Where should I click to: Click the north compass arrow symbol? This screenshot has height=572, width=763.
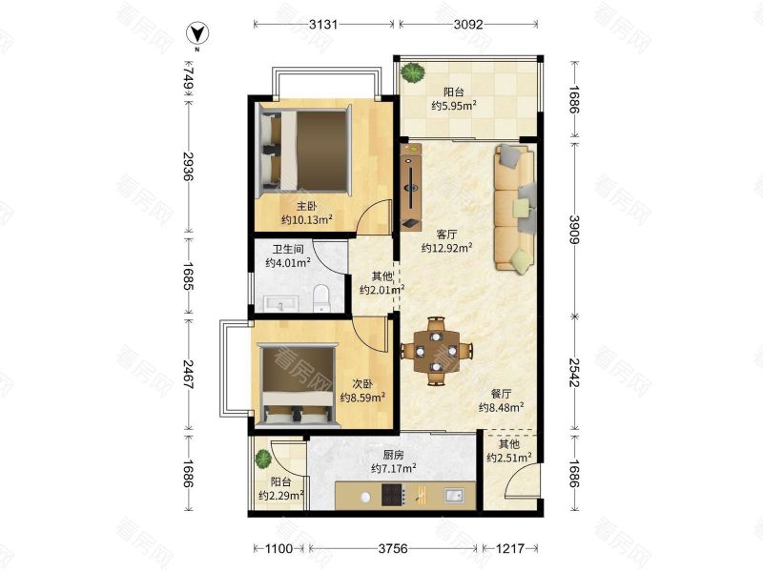tap(198, 33)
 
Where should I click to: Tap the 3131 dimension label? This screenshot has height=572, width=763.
tap(323, 24)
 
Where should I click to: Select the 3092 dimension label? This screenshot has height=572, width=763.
tap(468, 24)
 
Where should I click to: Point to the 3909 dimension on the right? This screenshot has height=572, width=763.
tap(574, 229)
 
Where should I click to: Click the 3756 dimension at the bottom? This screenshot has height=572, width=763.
tap(393, 549)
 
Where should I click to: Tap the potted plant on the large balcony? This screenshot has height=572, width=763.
tap(412, 72)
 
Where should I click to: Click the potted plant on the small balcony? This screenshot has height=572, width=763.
tap(263, 459)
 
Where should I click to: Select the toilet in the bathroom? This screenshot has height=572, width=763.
tap(321, 298)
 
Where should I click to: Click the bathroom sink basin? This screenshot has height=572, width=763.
tap(280, 303)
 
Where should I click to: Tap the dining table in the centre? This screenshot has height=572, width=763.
tap(437, 351)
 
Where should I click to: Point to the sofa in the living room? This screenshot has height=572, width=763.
tap(515, 207)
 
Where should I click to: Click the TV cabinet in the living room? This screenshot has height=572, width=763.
tap(411, 186)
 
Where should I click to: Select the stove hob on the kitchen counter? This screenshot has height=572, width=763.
tap(393, 495)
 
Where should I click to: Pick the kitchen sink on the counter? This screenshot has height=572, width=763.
tap(454, 496)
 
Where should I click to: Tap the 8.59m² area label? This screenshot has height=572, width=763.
tap(363, 398)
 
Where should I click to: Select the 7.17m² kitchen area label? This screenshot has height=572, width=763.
tap(393, 469)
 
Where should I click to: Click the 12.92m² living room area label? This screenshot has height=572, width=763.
tap(446, 248)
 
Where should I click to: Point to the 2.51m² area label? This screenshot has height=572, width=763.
tap(509, 458)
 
